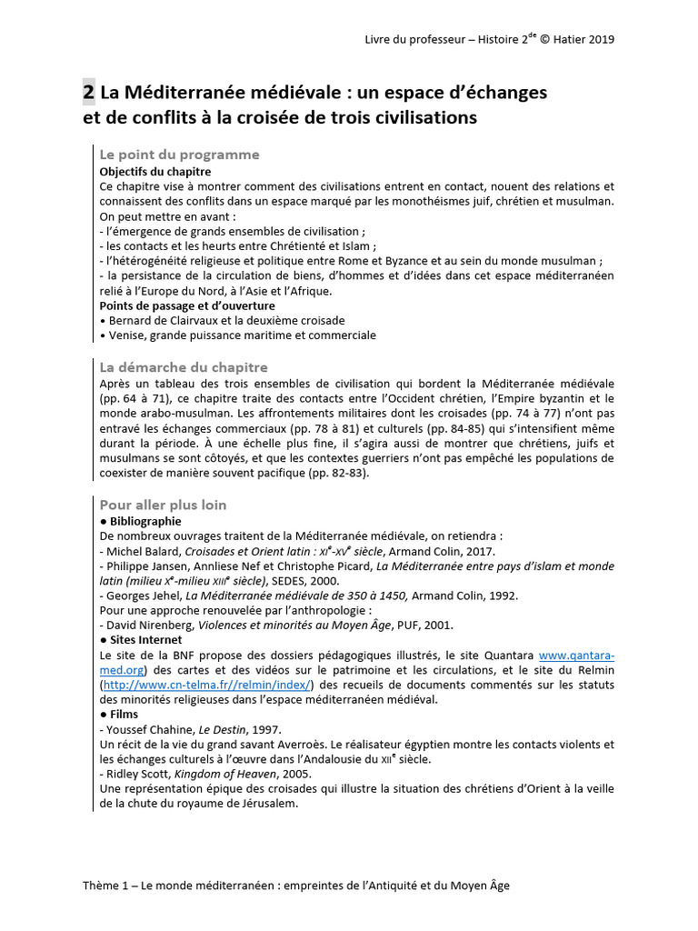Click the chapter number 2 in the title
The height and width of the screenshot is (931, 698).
88,92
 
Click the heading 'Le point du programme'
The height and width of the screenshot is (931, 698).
179,155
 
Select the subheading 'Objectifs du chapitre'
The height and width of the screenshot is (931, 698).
155,171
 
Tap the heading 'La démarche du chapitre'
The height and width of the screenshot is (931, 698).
183,367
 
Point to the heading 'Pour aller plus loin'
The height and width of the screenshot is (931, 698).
163,505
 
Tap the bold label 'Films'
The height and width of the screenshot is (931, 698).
123,714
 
